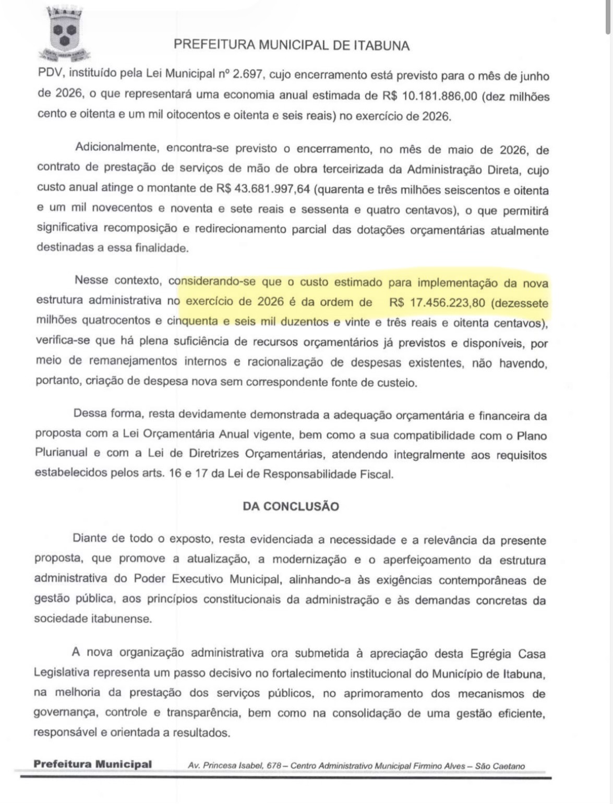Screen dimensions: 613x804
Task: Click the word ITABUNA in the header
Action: click(x=381, y=45)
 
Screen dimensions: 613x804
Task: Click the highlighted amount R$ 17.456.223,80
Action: click(x=440, y=302)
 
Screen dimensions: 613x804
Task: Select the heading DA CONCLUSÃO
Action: click(x=291, y=506)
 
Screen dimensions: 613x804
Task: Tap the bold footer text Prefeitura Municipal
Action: click(x=92, y=764)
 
